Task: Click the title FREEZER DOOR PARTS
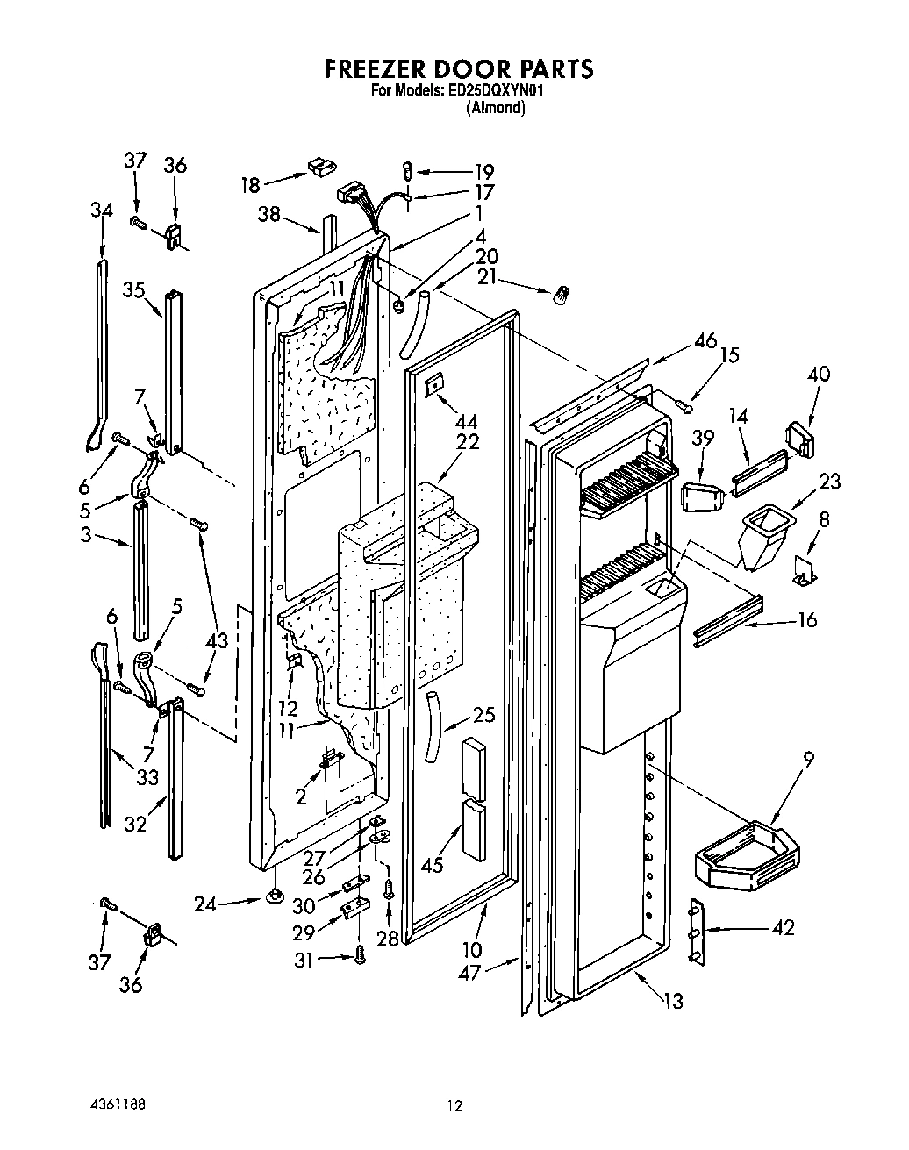pos(459,68)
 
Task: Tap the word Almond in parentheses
pos(496,109)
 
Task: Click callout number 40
pos(819,375)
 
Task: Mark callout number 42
pos(783,927)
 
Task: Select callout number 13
pos(673,1001)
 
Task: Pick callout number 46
pos(705,342)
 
